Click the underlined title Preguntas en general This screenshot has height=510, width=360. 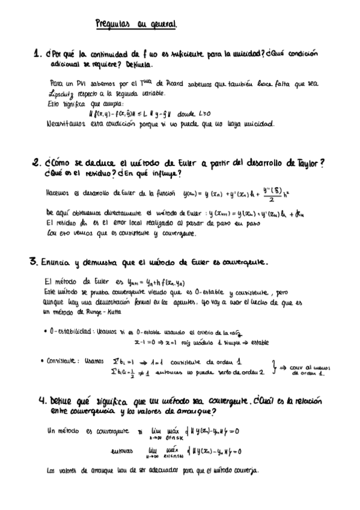pos(136,24)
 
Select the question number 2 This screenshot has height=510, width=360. pos(35,162)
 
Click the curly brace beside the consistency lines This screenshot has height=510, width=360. pos(273,367)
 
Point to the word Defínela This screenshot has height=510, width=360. pos(139,63)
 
